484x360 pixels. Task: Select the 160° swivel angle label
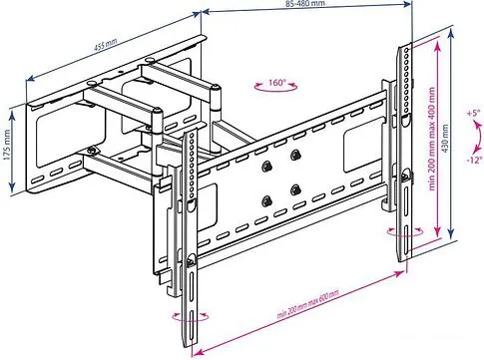pos(276,83)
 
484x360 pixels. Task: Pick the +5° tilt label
pos(472,113)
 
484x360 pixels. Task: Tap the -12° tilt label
pos(472,159)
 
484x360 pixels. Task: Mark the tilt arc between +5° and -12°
pos(465,136)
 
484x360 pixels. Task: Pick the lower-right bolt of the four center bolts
pos(295,188)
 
